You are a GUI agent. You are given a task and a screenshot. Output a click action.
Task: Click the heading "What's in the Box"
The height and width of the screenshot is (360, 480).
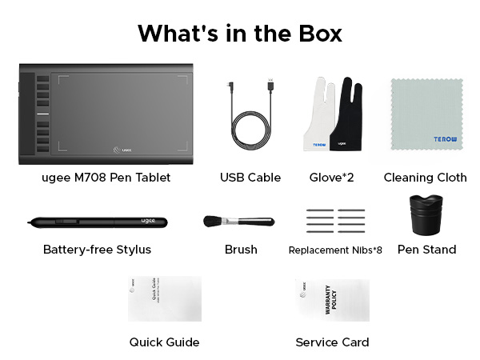click(240, 34)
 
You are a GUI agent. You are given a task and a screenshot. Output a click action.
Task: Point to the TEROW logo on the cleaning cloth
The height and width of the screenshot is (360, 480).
click(446, 139)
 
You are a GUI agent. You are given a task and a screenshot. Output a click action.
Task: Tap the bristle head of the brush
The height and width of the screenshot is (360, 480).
click(214, 221)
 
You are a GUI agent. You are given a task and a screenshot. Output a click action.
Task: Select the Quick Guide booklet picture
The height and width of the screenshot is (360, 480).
click(165, 299)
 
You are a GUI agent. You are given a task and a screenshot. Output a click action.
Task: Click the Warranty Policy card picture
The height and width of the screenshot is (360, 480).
click(330, 299)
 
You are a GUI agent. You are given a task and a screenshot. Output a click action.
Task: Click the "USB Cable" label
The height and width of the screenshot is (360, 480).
click(250, 177)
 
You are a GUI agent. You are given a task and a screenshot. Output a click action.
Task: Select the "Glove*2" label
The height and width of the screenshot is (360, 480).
click(331, 177)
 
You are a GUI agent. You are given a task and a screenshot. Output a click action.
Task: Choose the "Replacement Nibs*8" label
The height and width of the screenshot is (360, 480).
click(335, 250)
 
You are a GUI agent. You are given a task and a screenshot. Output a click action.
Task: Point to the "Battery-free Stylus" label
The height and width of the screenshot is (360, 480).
click(97, 250)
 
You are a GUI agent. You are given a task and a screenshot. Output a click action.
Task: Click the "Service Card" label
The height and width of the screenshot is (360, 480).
click(332, 342)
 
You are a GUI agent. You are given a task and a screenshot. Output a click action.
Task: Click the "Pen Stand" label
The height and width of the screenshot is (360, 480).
click(426, 250)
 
